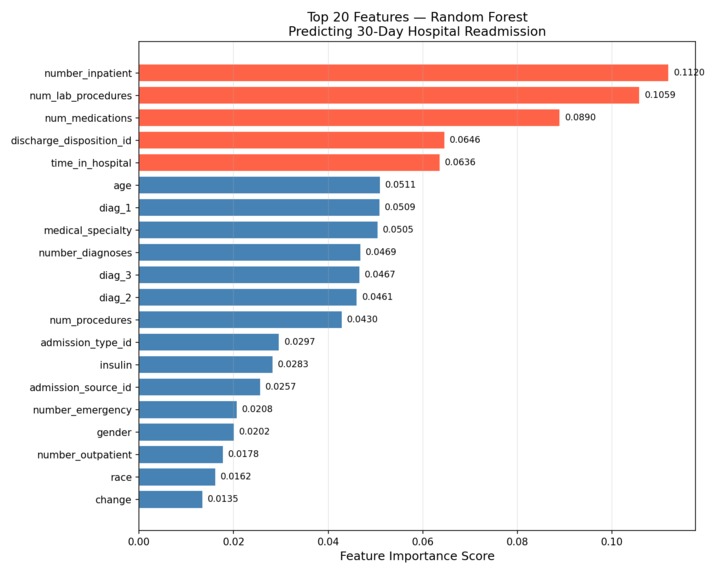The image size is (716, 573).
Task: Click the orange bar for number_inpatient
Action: tap(403, 73)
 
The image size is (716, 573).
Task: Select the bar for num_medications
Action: tap(349, 118)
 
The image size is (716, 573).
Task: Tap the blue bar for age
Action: tap(259, 185)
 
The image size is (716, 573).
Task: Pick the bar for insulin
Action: tap(205, 365)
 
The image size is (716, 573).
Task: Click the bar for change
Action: tap(170, 499)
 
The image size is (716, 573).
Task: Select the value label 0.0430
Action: tap(362, 320)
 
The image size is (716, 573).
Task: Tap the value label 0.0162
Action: tap(236, 477)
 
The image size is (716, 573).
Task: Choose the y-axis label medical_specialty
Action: tap(87, 230)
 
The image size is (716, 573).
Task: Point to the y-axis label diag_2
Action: tap(114, 298)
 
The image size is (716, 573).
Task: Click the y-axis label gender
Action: tap(113, 432)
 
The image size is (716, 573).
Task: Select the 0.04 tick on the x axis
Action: tap(328, 541)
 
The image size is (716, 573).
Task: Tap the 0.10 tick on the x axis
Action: tap(611, 541)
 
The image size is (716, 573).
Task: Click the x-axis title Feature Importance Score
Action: tap(417, 557)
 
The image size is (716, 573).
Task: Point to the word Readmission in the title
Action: tap(505, 32)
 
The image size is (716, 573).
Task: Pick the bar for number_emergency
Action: tap(188, 410)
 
